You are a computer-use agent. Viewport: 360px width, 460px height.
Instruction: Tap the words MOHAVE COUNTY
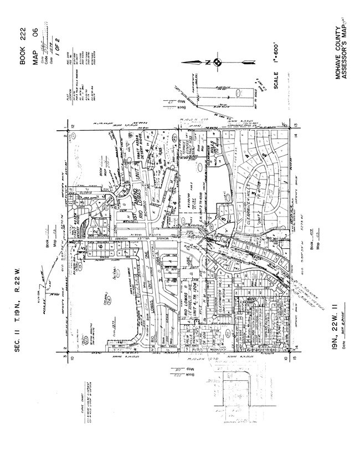337,50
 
